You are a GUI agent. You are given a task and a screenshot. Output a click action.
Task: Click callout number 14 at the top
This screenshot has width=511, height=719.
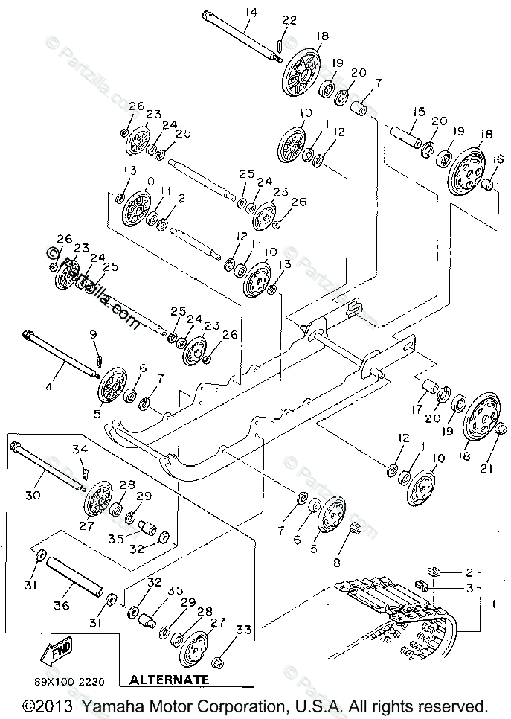[248, 12]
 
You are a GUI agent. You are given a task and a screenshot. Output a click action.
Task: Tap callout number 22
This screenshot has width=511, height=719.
[289, 20]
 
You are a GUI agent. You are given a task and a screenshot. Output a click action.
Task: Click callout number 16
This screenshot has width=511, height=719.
[496, 158]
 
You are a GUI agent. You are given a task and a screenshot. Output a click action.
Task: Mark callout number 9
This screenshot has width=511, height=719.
[94, 334]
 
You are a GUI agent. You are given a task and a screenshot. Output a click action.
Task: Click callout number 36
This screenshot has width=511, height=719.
[61, 606]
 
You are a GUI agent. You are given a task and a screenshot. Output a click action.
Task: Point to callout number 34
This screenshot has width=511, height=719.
[80, 449]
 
